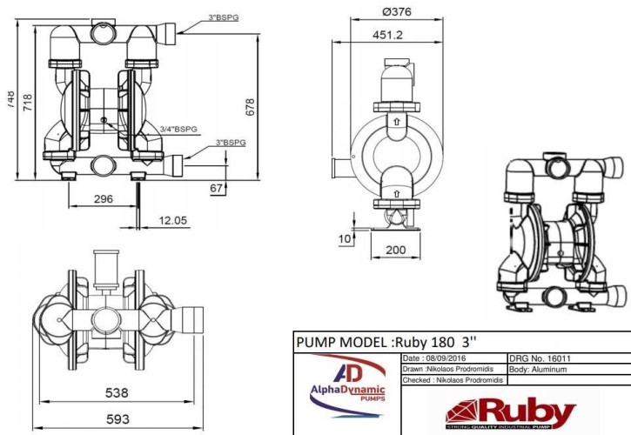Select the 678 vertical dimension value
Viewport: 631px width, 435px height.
(x=250, y=106)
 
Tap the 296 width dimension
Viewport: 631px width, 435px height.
(x=103, y=199)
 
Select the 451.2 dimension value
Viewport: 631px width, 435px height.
(x=387, y=36)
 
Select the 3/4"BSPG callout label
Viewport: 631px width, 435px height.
(x=179, y=129)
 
